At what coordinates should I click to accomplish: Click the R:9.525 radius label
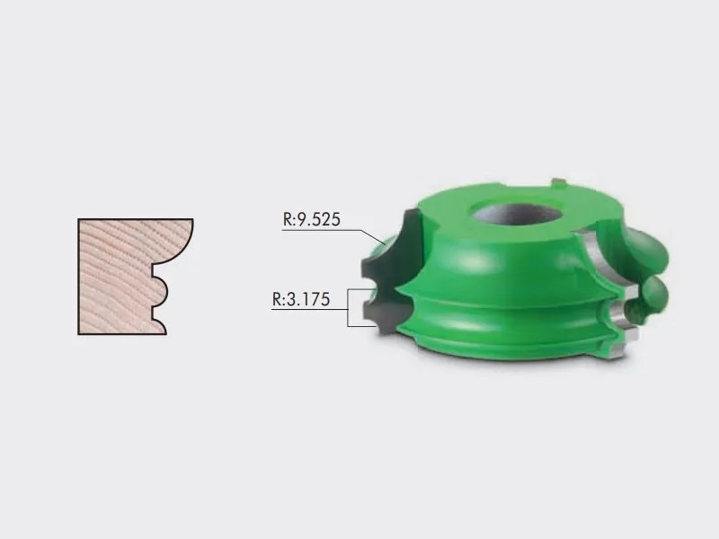[311, 219]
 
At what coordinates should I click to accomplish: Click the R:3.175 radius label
[301, 299]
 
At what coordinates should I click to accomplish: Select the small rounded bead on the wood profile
[162, 291]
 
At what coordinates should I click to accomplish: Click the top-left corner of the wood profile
[78, 219]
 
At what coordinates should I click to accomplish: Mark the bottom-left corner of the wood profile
[78, 334]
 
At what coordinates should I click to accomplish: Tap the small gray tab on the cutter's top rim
[558, 182]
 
